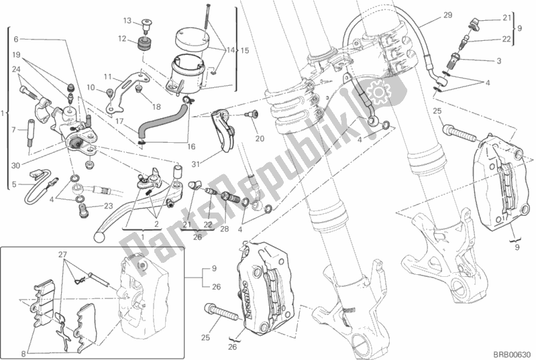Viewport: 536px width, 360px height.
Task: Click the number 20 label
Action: pos(259,139)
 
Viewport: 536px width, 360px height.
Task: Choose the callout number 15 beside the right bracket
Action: pos(245,50)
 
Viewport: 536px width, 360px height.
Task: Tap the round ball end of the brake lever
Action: pos(100,235)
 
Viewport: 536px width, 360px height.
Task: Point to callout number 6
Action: pos(15,39)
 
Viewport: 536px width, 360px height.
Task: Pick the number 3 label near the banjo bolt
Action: pos(499,61)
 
